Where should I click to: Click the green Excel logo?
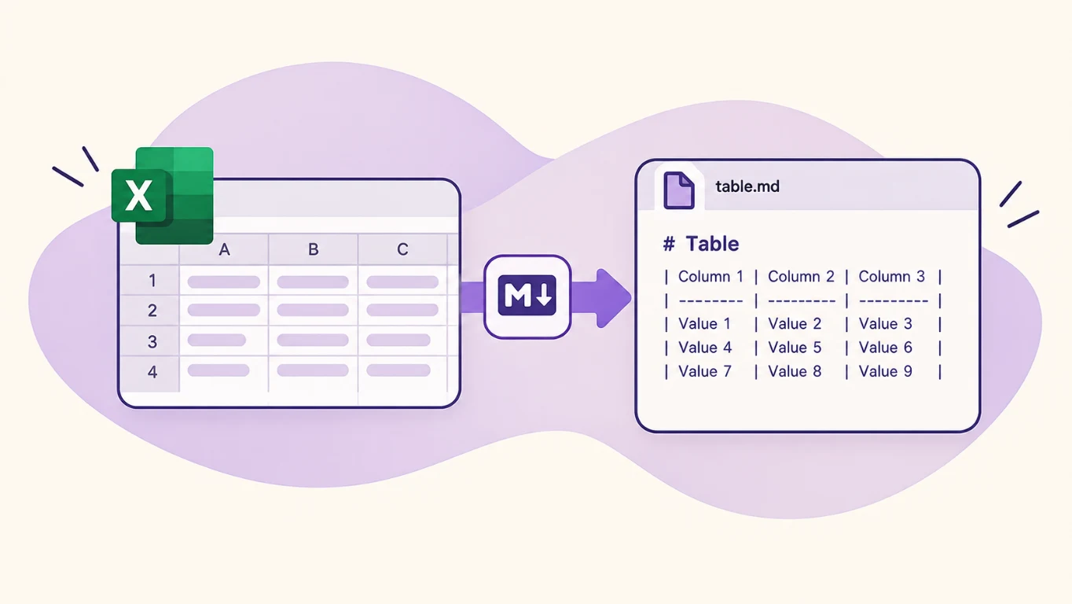click(163, 195)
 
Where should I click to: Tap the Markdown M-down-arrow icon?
click(527, 296)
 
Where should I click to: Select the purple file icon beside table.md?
click(678, 190)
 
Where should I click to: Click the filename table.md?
click(747, 186)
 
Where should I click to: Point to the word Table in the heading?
click(712, 244)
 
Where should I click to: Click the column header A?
click(224, 249)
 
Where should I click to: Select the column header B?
click(313, 249)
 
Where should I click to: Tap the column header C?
click(402, 249)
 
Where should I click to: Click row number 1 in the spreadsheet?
click(152, 280)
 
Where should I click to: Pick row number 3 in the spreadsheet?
click(152, 341)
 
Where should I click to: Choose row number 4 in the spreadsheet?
click(152, 372)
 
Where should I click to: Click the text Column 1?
click(710, 276)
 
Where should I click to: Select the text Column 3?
click(891, 276)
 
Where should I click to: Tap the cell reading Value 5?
click(795, 348)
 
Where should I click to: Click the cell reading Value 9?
click(886, 371)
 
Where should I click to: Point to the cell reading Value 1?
click(704, 324)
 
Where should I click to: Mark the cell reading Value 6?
click(886, 348)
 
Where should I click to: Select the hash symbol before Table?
click(669, 244)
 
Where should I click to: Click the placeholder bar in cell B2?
click(313, 310)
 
